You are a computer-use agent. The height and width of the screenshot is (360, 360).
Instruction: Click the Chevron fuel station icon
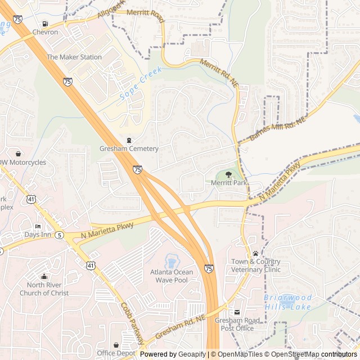(x=45, y=24)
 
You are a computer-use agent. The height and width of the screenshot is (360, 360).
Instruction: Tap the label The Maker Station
(x=74, y=57)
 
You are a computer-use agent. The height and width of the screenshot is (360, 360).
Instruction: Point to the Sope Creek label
(x=141, y=84)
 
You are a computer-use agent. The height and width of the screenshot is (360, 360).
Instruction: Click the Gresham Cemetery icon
(x=129, y=140)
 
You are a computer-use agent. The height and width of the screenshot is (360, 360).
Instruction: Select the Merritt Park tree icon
(x=228, y=175)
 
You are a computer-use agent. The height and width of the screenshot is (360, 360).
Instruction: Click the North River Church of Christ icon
(x=44, y=276)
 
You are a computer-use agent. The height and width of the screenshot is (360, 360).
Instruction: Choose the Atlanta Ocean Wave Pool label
(x=171, y=276)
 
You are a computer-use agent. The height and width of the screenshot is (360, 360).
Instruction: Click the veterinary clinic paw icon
(x=255, y=253)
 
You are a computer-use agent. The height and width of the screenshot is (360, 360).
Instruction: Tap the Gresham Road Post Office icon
(x=237, y=312)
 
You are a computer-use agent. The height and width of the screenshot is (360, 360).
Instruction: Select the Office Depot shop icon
(x=116, y=345)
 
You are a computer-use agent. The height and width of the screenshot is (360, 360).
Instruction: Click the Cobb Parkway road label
(x=132, y=323)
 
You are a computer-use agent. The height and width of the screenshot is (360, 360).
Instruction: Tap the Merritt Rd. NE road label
(x=219, y=73)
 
